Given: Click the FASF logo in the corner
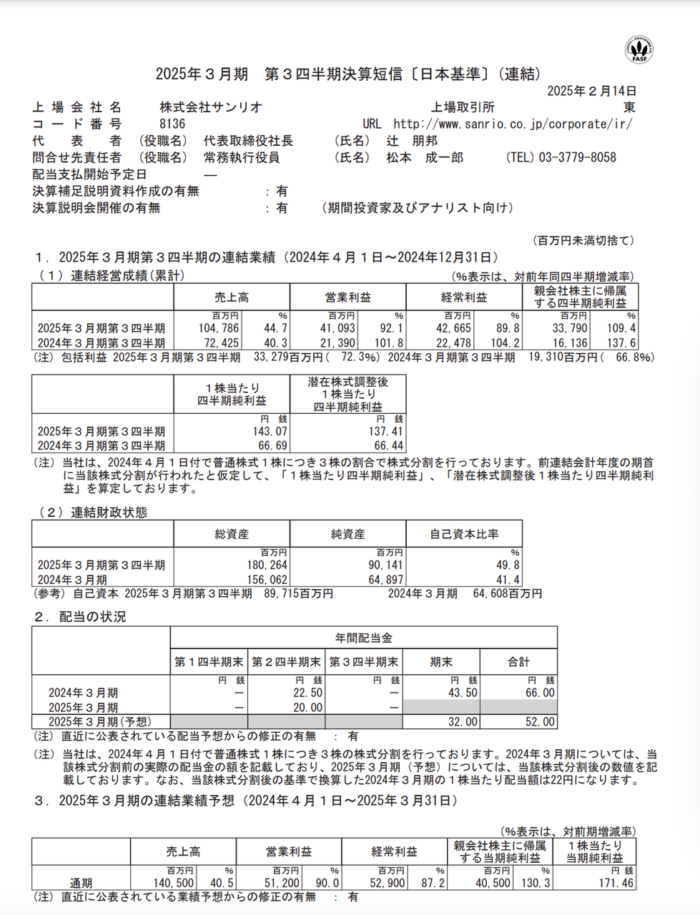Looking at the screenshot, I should tap(639, 48).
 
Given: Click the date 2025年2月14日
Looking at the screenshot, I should tap(591, 91).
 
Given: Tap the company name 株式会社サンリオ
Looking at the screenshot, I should tap(211, 107).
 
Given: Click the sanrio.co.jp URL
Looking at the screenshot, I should tap(513, 124).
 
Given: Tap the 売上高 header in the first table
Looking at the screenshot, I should tap(232, 298).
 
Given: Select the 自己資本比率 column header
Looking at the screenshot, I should tap(464, 534).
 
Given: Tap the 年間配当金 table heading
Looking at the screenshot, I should tap(363, 638).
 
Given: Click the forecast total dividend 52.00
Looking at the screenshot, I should tap(540, 722).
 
